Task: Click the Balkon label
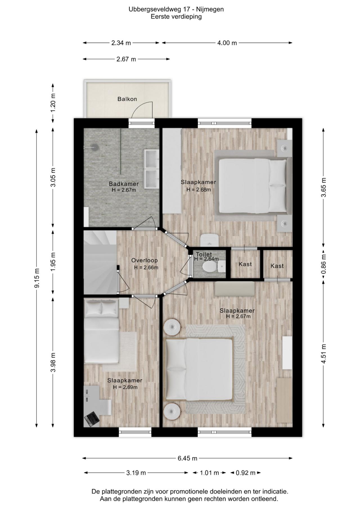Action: click(127, 99)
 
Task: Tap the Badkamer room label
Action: click(124, 184)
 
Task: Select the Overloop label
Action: click(145, 260)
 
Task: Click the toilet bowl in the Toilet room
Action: click(209, 266)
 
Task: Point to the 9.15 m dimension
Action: click(37, 278)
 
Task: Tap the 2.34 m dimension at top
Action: click(121, 43)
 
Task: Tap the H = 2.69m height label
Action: click(125, 387)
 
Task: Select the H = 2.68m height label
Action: click(199, 190)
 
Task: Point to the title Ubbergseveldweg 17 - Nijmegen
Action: click(176, 9)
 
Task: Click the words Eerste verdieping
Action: click(176, 17)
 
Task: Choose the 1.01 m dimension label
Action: click(209, 473)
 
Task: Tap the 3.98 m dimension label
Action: click(53, 362)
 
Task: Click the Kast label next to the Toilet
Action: click(245, 264)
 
